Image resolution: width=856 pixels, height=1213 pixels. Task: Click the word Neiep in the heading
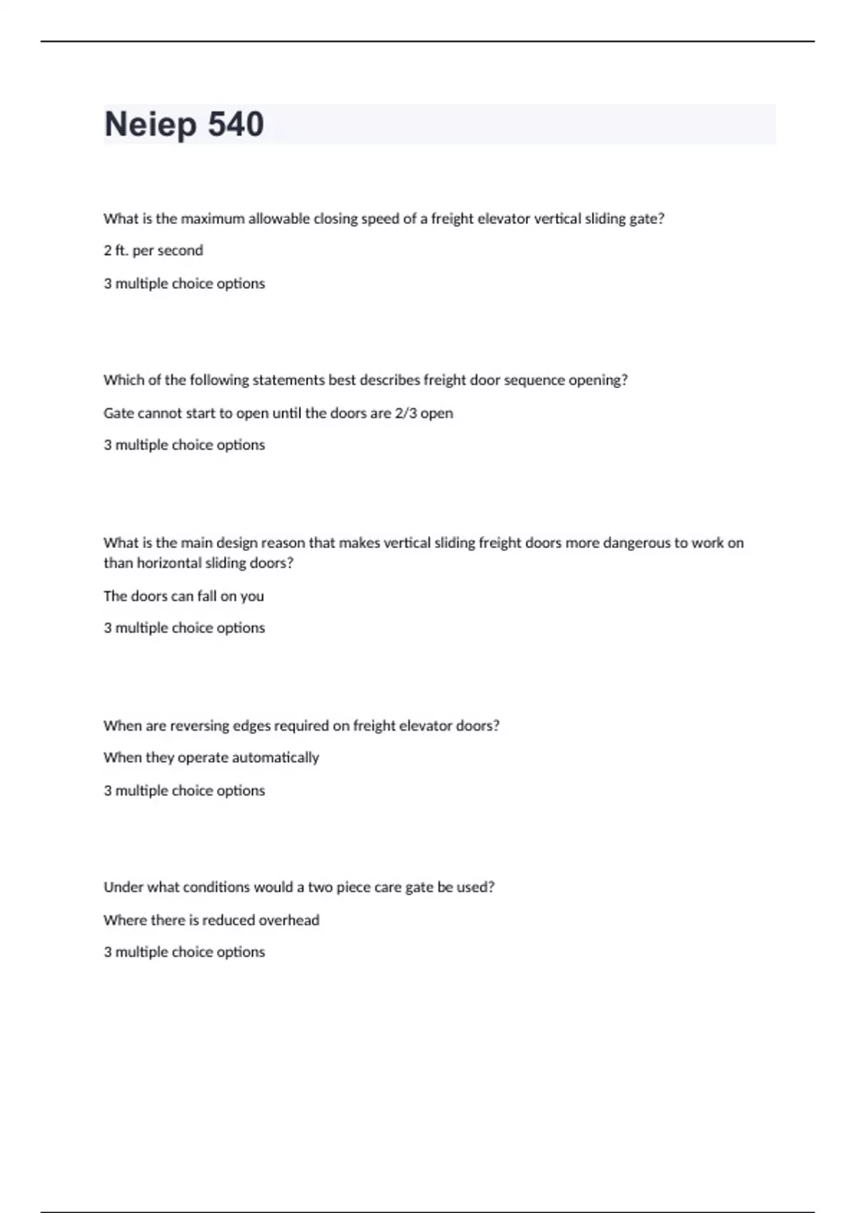150,124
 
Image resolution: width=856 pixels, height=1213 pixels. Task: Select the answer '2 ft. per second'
153,250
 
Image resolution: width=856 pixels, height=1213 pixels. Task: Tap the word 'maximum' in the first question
213,219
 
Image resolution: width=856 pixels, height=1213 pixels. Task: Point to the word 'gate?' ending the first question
646,219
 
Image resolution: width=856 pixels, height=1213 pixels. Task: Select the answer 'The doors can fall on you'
183,596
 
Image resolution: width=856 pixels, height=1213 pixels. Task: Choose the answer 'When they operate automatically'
211,758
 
